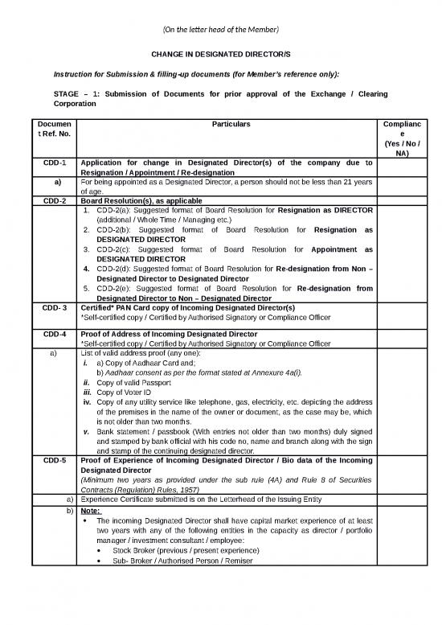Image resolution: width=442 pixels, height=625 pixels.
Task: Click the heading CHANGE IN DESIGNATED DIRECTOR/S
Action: click(220, 54)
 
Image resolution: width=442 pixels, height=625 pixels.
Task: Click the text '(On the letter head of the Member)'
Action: click(220, 30)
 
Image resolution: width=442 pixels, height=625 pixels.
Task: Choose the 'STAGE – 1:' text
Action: click(75, 94)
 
